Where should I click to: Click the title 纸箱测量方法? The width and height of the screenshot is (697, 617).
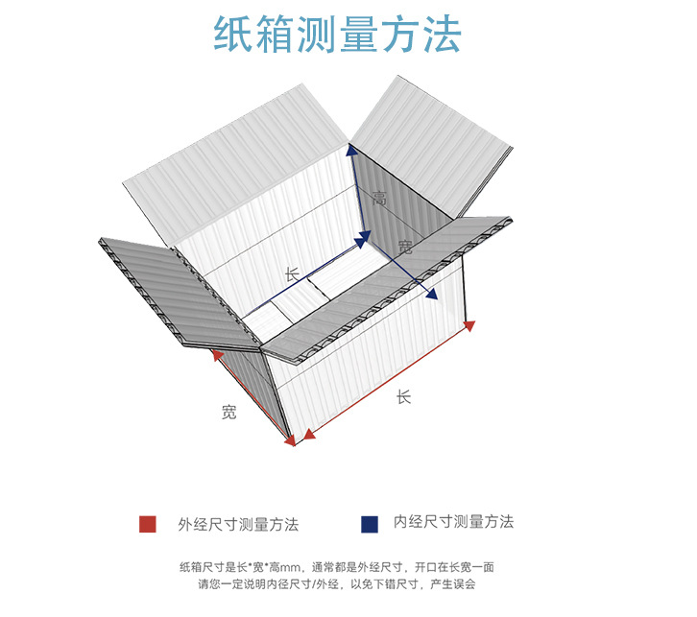337,34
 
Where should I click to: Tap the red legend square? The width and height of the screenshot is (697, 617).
147,524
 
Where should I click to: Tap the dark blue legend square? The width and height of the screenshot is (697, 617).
370,524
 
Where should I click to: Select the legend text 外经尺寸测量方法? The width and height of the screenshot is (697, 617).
238,524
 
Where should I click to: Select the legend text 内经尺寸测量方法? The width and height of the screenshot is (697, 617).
453,522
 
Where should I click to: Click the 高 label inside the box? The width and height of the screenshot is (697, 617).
379,199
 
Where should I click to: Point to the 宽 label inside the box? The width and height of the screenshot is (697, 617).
404,248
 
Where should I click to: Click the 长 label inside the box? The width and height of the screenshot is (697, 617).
292,274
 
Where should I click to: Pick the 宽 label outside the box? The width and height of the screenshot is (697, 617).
228,413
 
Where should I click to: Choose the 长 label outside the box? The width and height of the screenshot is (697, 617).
403,395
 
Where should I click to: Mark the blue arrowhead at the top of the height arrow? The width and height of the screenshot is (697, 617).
351,150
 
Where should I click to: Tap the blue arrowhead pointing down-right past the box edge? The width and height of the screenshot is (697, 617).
432,294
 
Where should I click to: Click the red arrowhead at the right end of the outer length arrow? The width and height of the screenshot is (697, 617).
469,325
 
